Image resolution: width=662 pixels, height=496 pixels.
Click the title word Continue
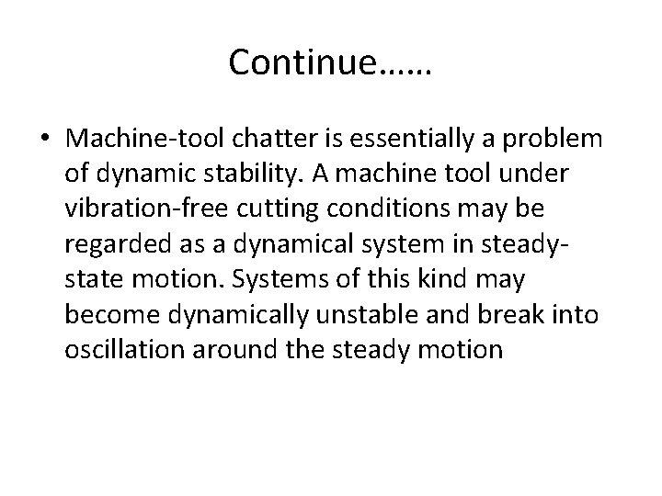tap(302, 62)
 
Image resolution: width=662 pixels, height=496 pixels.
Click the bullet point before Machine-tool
tap(45, 139)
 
